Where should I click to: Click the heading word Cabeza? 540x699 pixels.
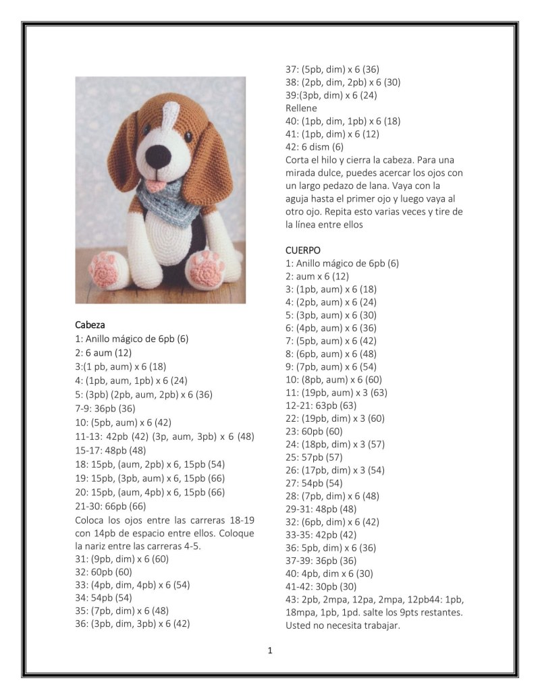(x=90, y=325)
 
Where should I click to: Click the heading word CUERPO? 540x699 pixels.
(x=303, y=250)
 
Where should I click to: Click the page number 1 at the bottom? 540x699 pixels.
(x=270, y=651)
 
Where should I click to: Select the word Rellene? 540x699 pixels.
(x=301, y=108)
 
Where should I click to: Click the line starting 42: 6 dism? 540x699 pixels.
(x=315, y=146)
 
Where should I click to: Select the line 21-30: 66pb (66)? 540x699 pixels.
(x=111, y=506)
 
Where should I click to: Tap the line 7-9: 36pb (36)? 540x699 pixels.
(x=105, y=408)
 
